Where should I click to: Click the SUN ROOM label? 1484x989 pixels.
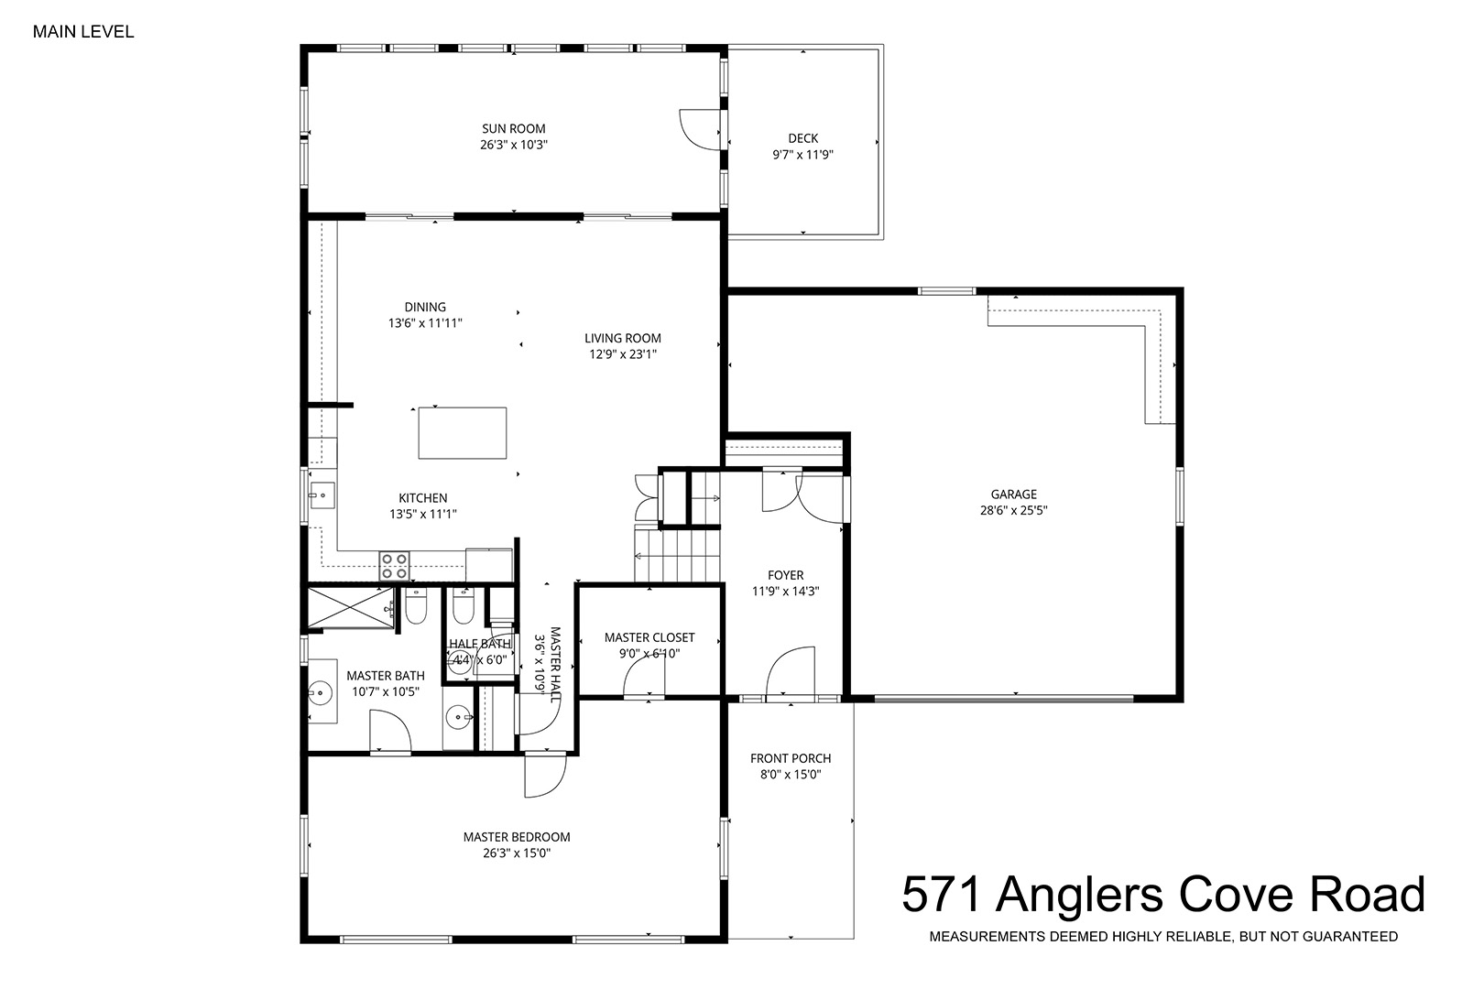point(513,128)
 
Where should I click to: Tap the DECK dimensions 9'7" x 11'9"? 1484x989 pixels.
point(802,155)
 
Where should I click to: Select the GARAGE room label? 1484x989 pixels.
point(1014,494)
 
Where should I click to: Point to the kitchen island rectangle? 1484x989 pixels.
point(463,433)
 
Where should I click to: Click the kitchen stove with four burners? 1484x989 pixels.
point(394,566)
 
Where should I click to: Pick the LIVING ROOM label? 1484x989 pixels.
point(623,338)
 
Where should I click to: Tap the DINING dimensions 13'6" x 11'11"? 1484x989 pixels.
point(425,323)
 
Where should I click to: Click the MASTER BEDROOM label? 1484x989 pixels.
point(517,837)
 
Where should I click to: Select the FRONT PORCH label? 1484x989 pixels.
point(791,758)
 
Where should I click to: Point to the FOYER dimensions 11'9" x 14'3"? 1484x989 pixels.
point(786,591)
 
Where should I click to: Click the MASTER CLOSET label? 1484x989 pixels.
point(649,637)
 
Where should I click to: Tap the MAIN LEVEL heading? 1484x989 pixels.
point(83,32)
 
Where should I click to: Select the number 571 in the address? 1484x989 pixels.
point(941,895)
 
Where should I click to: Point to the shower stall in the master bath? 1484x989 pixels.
point(351,607)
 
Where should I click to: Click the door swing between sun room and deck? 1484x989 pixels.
point(699,130)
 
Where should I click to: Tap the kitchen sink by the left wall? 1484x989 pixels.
point(322,495)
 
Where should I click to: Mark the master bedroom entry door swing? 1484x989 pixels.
point(545,775)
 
